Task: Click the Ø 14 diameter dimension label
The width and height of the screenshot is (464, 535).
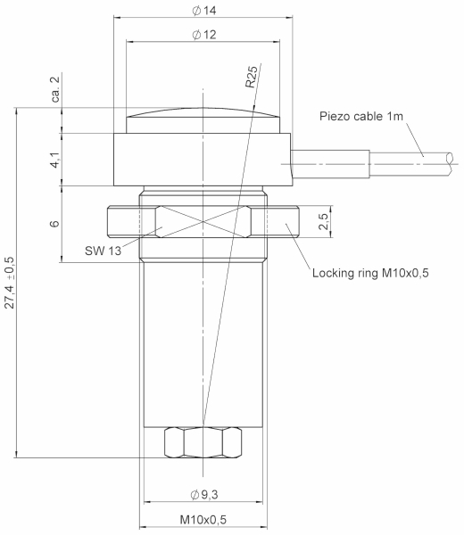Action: [203, 11]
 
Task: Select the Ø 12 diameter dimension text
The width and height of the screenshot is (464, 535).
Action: [203, 35]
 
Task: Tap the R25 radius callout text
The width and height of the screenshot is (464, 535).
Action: [251, 77]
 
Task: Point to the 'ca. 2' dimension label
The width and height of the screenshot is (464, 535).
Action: [55, 89]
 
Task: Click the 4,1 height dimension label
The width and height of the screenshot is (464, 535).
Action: [55, 160]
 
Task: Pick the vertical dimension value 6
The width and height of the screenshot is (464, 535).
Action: [54, 224]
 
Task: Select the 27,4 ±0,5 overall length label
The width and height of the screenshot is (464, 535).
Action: [10, 283]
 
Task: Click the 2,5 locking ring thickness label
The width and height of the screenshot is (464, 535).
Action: [323, 221]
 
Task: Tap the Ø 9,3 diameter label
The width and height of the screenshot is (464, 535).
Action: [203, 494]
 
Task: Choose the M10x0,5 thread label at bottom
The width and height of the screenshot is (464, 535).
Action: [203, 520]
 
